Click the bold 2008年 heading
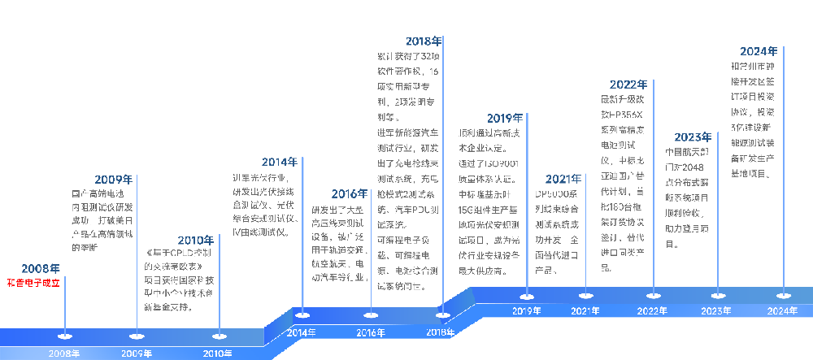tap(41, 268)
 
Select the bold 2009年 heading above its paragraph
tap(114, 180)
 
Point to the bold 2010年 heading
tap(196, 240)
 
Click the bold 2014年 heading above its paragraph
tap(280, 162)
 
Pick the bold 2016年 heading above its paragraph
tap(350, 193)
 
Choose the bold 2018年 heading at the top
tap(424, 40)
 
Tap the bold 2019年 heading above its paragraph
tap(505, 118)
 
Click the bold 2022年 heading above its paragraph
tap(628, 84)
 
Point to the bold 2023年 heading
tap(693, 137)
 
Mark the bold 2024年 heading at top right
tap(759, 51)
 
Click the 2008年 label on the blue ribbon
tap(64, 353)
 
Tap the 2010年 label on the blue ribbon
tap(218, 353)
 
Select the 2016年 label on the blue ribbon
tap(371, 332)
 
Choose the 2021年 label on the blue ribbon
tap(585, 310)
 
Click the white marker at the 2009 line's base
tap(134, 335)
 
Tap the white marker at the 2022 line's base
tap(652, 295)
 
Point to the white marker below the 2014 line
tap(302, 315)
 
